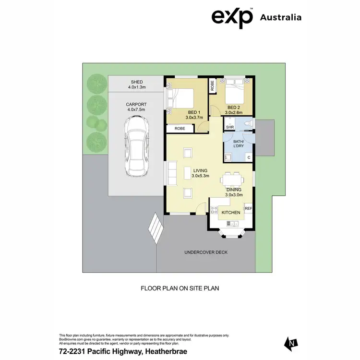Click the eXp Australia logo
coord(256,17)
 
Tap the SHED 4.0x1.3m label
coord(137,84)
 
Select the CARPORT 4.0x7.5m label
coord(136,107)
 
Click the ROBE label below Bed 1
coord(180,129)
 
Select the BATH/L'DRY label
coord(239,144)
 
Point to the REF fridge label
coord(248,208)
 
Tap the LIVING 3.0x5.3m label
coord(200,173)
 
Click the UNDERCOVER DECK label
coord(206,252)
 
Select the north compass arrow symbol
coord(290,343)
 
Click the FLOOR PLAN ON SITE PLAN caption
coord(180,288)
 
